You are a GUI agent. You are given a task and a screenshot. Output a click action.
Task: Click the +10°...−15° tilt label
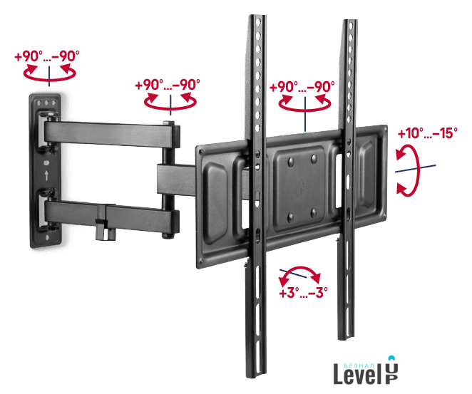pyautogui.click(x=428, y=133)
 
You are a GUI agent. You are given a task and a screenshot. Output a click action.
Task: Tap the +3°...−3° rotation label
pyautogui.click(x=303, y=292)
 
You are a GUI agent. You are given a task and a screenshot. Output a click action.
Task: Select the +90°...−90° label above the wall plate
pyautogui.click(x=47, y=56)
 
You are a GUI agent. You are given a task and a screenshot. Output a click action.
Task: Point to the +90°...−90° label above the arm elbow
pyautogui.click(x=168, y=85)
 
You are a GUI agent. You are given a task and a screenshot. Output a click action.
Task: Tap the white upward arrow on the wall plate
pyautogui.click(x=46, y=175)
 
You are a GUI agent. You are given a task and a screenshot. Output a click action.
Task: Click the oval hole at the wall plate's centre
pyautogui.click(x=46, y=162)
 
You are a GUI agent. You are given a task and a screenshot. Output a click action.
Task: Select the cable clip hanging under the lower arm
pyautogui.click(x=106, y=229)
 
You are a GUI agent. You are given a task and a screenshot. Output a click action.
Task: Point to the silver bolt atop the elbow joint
pyautogui.click(x=169, y=123)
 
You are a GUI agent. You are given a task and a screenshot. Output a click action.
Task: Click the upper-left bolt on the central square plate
pyautogui.click(x=291, y=162)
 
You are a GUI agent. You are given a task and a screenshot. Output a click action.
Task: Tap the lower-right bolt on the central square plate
pyautogui.click(x=314, y=212)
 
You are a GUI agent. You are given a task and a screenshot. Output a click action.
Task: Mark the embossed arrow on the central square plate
pyautogui.click(x=302, y=188)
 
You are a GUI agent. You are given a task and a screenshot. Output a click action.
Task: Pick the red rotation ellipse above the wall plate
pyautogui.click(x=50, y=79)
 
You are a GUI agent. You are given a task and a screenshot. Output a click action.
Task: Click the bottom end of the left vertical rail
pyautogui.click(x=256, y=376)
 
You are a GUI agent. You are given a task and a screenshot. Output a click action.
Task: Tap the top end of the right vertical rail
pyautogui.click(x=350, y=21)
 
